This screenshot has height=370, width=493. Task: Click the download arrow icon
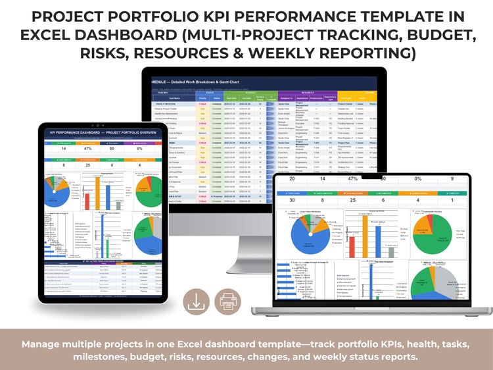click(x=195, y=302)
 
